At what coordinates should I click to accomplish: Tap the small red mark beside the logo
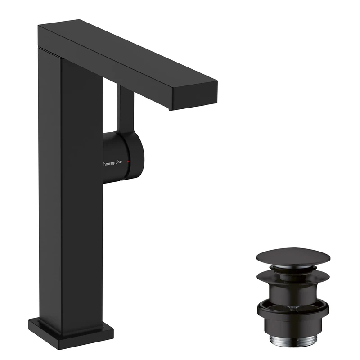tap(129, 161)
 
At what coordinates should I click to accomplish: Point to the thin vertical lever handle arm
tap(125, 108)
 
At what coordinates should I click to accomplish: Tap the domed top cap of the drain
tap(293, 256)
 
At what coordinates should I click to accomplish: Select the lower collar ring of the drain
tap(293, 310)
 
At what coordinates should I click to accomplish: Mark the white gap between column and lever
tap(111, 108)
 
